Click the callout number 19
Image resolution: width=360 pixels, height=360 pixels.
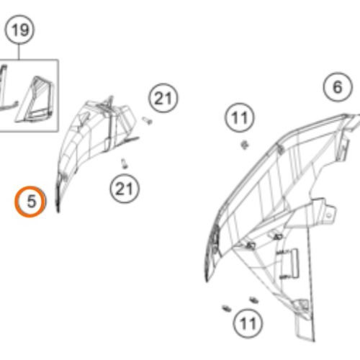(20, 30)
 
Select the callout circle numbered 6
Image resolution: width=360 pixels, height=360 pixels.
(338, 87)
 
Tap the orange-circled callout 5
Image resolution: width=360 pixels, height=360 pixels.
(30, 202)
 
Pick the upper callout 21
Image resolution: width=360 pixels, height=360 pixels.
(163, 98)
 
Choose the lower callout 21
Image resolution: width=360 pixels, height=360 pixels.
(125, 189)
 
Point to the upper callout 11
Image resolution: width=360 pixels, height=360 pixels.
(240, 117)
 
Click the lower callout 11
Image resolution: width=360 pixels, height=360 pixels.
(248, 323)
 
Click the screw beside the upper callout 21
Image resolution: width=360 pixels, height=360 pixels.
(147, 120)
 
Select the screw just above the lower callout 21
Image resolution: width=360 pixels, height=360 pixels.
(124, 164)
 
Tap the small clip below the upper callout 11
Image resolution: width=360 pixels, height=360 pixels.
(245, 145)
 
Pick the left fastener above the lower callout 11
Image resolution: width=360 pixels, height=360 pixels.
(227, 309)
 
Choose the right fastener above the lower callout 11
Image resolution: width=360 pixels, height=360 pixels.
(253, 300)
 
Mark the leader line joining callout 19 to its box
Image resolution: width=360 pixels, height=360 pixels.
(19, 52)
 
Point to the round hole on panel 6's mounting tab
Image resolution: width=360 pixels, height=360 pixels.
(329, 216)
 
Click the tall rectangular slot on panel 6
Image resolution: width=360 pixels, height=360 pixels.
(294, 264)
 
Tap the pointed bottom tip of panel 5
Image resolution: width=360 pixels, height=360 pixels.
(58, 211)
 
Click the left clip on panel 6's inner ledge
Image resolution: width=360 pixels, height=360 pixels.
(250, 246)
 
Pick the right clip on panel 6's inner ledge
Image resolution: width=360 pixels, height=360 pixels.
(277, 237)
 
